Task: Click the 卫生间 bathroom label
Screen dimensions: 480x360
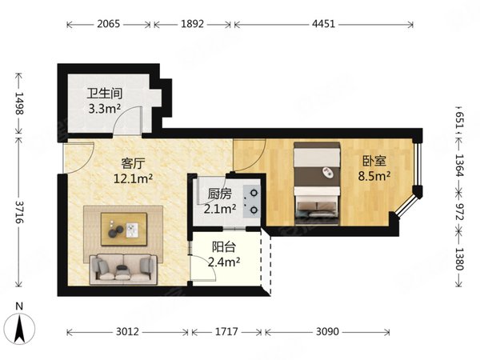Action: click(x=105, y=94)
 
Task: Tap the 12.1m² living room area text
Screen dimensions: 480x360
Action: click(x=133, y=178)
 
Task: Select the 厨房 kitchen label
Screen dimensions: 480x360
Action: click(x=219, y=194)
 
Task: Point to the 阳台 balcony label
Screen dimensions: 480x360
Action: click(x=224, y=246)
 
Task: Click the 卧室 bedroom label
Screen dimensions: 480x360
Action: click(x=374, y=161)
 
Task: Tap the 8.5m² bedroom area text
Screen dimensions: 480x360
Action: click(x=374, y=176)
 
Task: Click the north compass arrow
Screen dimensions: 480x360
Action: click(x=20, y=329)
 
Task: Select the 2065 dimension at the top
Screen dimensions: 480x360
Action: click(x=109, y=24)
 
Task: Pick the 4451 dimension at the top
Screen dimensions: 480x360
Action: click(x=323, y=24)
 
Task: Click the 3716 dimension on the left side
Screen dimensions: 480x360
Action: click(x=19, y=212)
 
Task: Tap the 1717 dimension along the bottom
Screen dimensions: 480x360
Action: click(x=226, y=331)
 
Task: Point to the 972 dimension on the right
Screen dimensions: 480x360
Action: click(x=460, y=211)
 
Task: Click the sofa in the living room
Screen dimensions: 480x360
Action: click(x=123, y=269)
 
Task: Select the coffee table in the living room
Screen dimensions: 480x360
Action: click(x=124, y=230)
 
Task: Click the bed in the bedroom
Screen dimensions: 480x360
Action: click(x=317, y=183)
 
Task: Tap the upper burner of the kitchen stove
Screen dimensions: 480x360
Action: click(x=254, y=193)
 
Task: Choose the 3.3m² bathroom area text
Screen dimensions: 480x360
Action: click(x=104, y=108)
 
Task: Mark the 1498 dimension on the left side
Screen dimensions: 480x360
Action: click(x=19, y=103)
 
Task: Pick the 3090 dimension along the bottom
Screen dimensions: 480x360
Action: click(x=327, y=331)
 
